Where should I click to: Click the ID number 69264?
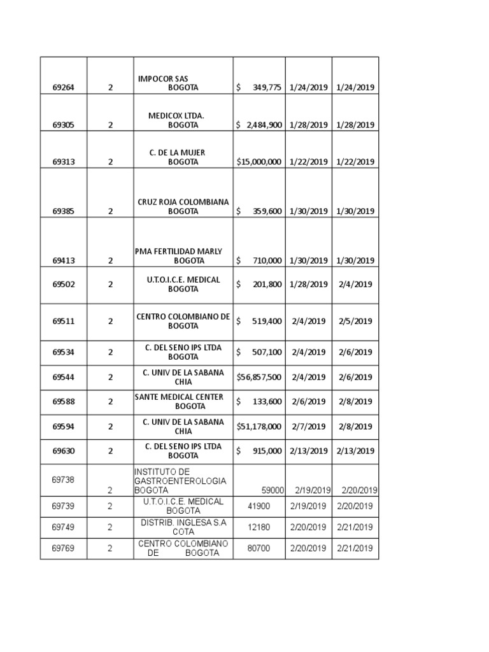click(x=64, y=88)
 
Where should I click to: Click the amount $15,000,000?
click(x=259, y=162)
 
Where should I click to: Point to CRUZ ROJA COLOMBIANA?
click(x=183, y=202)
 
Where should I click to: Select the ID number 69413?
click(x=64, y=260)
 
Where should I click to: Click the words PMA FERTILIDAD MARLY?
click(x=179, y=252)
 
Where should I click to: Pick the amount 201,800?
click(x=267, y=285)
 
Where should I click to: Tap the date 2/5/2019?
click(x=355, y=322)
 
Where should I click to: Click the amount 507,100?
click(x=267, y=352)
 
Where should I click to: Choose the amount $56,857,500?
click(x=259, y=377)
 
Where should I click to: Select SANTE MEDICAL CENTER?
click(x=179, y=397)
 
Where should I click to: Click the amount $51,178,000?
click(x=259, y=427)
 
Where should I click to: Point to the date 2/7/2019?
click(x=309, y=427)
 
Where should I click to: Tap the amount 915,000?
click(x=267, y=451)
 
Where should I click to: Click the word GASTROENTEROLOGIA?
click(x=180, y=481)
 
